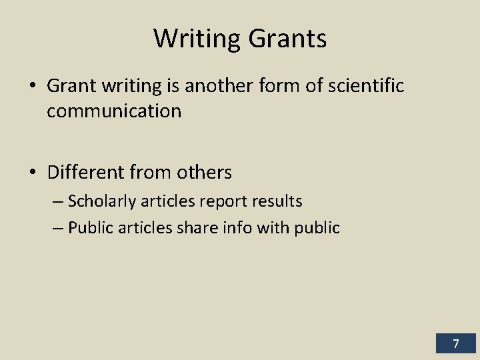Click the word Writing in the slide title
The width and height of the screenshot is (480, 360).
click(197, 38)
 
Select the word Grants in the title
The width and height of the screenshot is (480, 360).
click(288, 38)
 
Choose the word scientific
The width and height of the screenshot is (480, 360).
click(363, 86)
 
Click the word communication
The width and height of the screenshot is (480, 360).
click(114, 111)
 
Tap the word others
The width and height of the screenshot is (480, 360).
click(205, 173)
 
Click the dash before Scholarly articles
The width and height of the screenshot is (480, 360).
click(57, 201)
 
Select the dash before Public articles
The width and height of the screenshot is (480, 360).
click(57, 228)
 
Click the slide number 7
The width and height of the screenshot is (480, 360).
click(456, 344)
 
